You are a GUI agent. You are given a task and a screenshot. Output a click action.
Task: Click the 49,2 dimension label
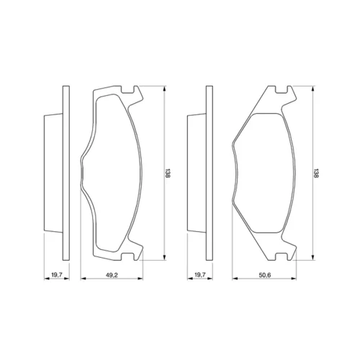pyautogui.click(x=112, y=275)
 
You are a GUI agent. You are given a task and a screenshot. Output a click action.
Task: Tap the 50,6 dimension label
pyautogui.click(x=264, y=275)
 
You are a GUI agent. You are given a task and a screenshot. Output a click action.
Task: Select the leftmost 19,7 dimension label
pyautogui.click(x=57, y=275)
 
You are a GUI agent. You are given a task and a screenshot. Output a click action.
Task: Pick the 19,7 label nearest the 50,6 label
pyautogui.click(x=200, y=275)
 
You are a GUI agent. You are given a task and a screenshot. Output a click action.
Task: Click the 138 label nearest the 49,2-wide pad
pyautogui.click(x=168, y=173)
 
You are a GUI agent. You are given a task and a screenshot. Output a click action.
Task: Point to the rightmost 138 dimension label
pyautogui.click(x=316, y=173)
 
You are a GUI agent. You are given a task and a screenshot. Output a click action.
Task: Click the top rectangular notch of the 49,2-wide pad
pyautogui.click(x=127, y=89)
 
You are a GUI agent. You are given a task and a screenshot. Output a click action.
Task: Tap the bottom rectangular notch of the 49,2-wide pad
pyautogui.click(x=127, y=256)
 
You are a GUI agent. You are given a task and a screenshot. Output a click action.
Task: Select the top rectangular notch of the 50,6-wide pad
pyautogui.click(x=281, y=89)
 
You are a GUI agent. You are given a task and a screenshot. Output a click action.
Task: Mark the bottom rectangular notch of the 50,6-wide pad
pyautogui.click(x=281, y=256)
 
